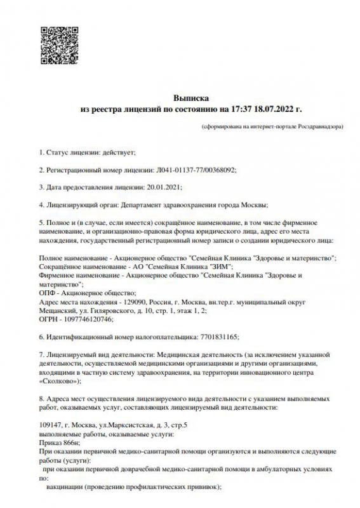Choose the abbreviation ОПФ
coord(48,293)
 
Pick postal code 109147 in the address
coord(50,424)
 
